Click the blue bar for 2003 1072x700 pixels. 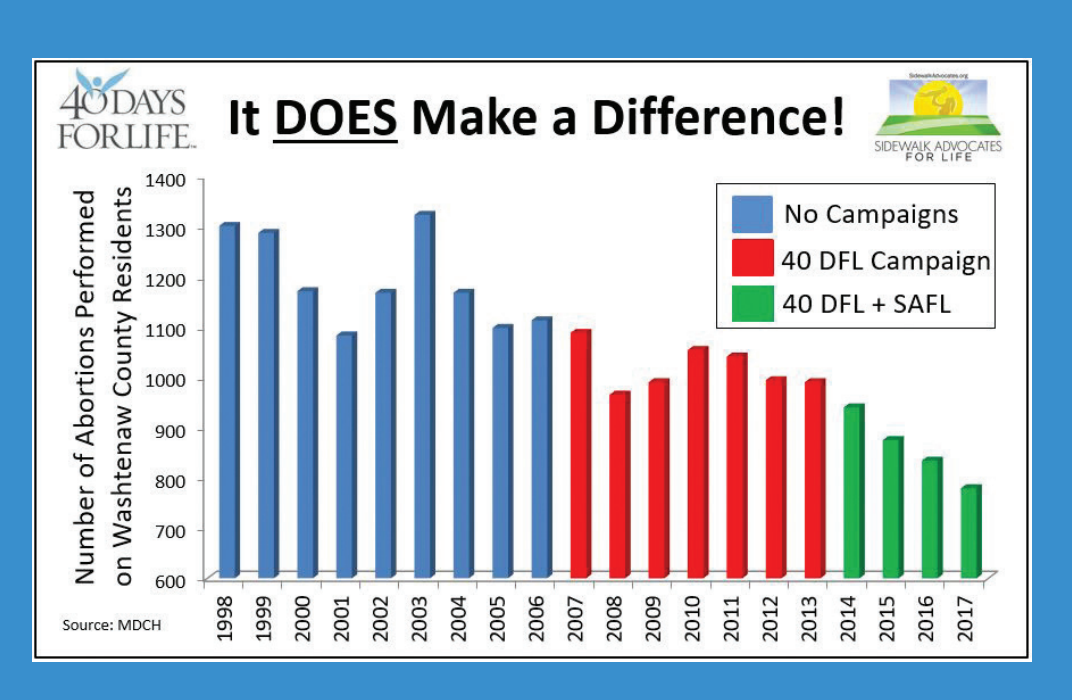coord(424,395)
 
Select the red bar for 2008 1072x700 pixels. coord(619,485)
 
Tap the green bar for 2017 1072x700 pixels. coord(971,532)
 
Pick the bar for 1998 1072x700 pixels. coord(228,401)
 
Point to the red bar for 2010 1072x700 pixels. coord(697,463)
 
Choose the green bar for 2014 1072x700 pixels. coord(854,492)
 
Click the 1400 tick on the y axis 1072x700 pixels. coord(165,180)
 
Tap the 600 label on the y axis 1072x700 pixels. coord(171,581)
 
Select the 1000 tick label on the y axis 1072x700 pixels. coord(165,380)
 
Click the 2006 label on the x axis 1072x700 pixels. coord(537,618)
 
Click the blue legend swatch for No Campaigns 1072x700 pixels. coord(752,215)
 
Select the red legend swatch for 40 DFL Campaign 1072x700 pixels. coord(752,258)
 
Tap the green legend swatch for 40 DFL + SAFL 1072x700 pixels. coord(752,303)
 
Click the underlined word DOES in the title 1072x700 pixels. coord(335,118)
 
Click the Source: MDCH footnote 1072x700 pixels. coord(111,625)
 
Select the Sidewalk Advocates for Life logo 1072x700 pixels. coord(938,117)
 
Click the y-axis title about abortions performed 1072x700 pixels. coord(103,387)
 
